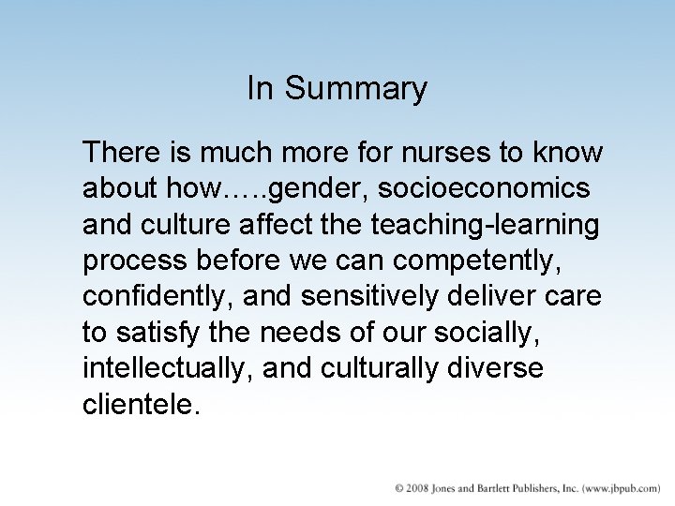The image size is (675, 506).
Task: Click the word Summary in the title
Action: coord(355,90)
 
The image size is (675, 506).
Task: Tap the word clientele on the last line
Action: coord(142,404)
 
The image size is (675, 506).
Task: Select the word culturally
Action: coord(379,368)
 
